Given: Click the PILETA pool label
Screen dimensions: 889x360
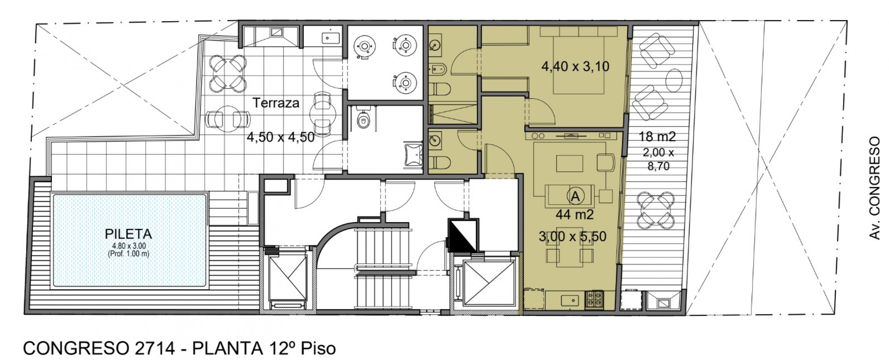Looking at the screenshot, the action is (128, 234).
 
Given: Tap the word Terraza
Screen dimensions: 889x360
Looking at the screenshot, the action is (276, 103).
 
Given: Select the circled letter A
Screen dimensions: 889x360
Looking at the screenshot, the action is (575, 196).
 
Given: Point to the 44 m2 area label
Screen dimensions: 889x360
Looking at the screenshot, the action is (574, 215).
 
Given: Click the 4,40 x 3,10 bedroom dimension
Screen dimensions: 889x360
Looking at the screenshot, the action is (575, 67).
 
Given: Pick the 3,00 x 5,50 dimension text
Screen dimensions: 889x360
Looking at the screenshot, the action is (572, 237).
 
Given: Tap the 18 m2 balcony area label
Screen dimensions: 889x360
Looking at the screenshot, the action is (657, 136).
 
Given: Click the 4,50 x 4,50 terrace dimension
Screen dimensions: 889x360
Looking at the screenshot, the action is (281, 137).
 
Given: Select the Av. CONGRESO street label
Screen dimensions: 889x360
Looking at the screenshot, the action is (874, 188).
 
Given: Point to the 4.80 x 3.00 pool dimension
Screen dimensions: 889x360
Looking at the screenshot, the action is (129, 246).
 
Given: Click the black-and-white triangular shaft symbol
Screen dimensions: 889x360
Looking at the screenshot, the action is (463, 235).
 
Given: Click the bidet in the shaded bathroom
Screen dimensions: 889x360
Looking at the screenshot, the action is (439, 69).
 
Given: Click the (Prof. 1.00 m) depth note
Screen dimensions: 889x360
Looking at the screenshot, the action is (129, 254).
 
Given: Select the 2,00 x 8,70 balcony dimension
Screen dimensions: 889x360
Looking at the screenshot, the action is (659, 159).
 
